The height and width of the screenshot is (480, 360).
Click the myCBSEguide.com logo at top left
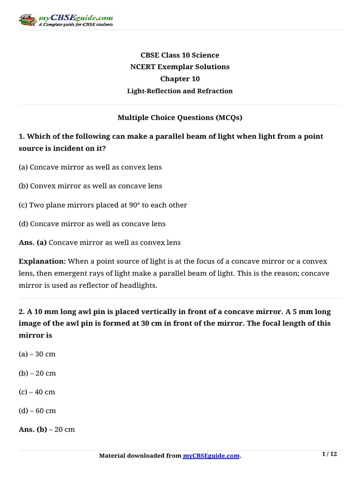[x=65, y=20]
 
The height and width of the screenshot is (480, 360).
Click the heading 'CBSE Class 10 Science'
[x=180, y=55]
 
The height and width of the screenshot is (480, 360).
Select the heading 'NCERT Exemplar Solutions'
[x=180, y=67]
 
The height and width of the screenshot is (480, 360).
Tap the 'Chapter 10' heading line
[x=180, y=79]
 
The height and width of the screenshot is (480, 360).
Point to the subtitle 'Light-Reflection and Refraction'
[x=180, y=91]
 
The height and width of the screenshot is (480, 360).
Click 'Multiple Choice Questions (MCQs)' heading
[x=180, y=118]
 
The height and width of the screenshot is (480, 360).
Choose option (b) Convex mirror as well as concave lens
[x=90, y=186]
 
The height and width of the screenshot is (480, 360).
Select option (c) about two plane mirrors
[x=103, y=205]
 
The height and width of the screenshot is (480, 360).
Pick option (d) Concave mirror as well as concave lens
[x=92, y=224]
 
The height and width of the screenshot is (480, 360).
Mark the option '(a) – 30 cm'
[x=37, y=354]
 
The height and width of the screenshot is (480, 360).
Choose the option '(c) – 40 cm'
[x=37, y=392]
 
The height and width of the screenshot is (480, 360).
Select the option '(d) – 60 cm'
[x=37, y=411]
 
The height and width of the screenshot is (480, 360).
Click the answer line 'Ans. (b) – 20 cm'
[x=47, y=429]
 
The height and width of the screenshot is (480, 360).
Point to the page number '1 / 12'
[x=330, y=454]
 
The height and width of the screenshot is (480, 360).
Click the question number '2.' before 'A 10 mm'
[x=22, y=312]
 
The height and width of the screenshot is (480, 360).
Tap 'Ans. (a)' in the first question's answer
[x=32, y=243]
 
